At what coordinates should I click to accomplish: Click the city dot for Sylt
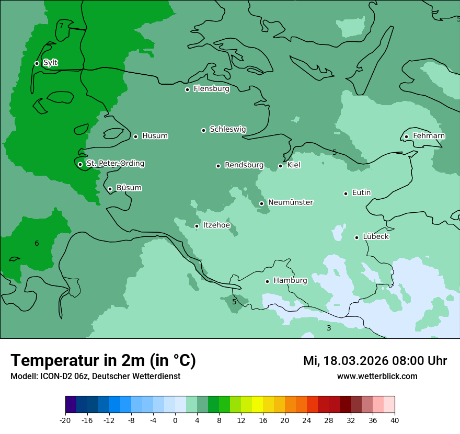point(37,63)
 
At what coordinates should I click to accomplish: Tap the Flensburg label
point(211,89)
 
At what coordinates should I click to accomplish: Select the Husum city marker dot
point(135,136)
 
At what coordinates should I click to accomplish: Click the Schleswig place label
point(227,129)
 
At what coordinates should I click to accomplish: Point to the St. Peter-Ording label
point(115,164)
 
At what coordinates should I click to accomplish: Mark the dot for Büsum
point(110,189)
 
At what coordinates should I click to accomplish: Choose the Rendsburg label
point(244,165)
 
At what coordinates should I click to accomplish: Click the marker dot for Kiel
point(280,166)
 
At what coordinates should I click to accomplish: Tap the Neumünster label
point(291,202)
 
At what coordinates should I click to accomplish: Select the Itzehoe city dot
point(197,226)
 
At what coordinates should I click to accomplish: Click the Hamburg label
point(290,280)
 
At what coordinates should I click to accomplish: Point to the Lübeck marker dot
point(356,237)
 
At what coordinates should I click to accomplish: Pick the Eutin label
point(361,193)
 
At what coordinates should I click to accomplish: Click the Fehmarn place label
point(429,136)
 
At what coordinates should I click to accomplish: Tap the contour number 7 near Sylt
point(61,26)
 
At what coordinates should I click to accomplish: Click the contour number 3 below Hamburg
point(329,328)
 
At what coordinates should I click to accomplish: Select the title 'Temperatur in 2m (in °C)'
point(103,361)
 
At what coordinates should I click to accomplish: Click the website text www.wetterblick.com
point(377,376)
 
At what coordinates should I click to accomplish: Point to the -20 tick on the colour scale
point(65,420)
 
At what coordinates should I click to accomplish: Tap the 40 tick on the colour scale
point(394,420)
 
